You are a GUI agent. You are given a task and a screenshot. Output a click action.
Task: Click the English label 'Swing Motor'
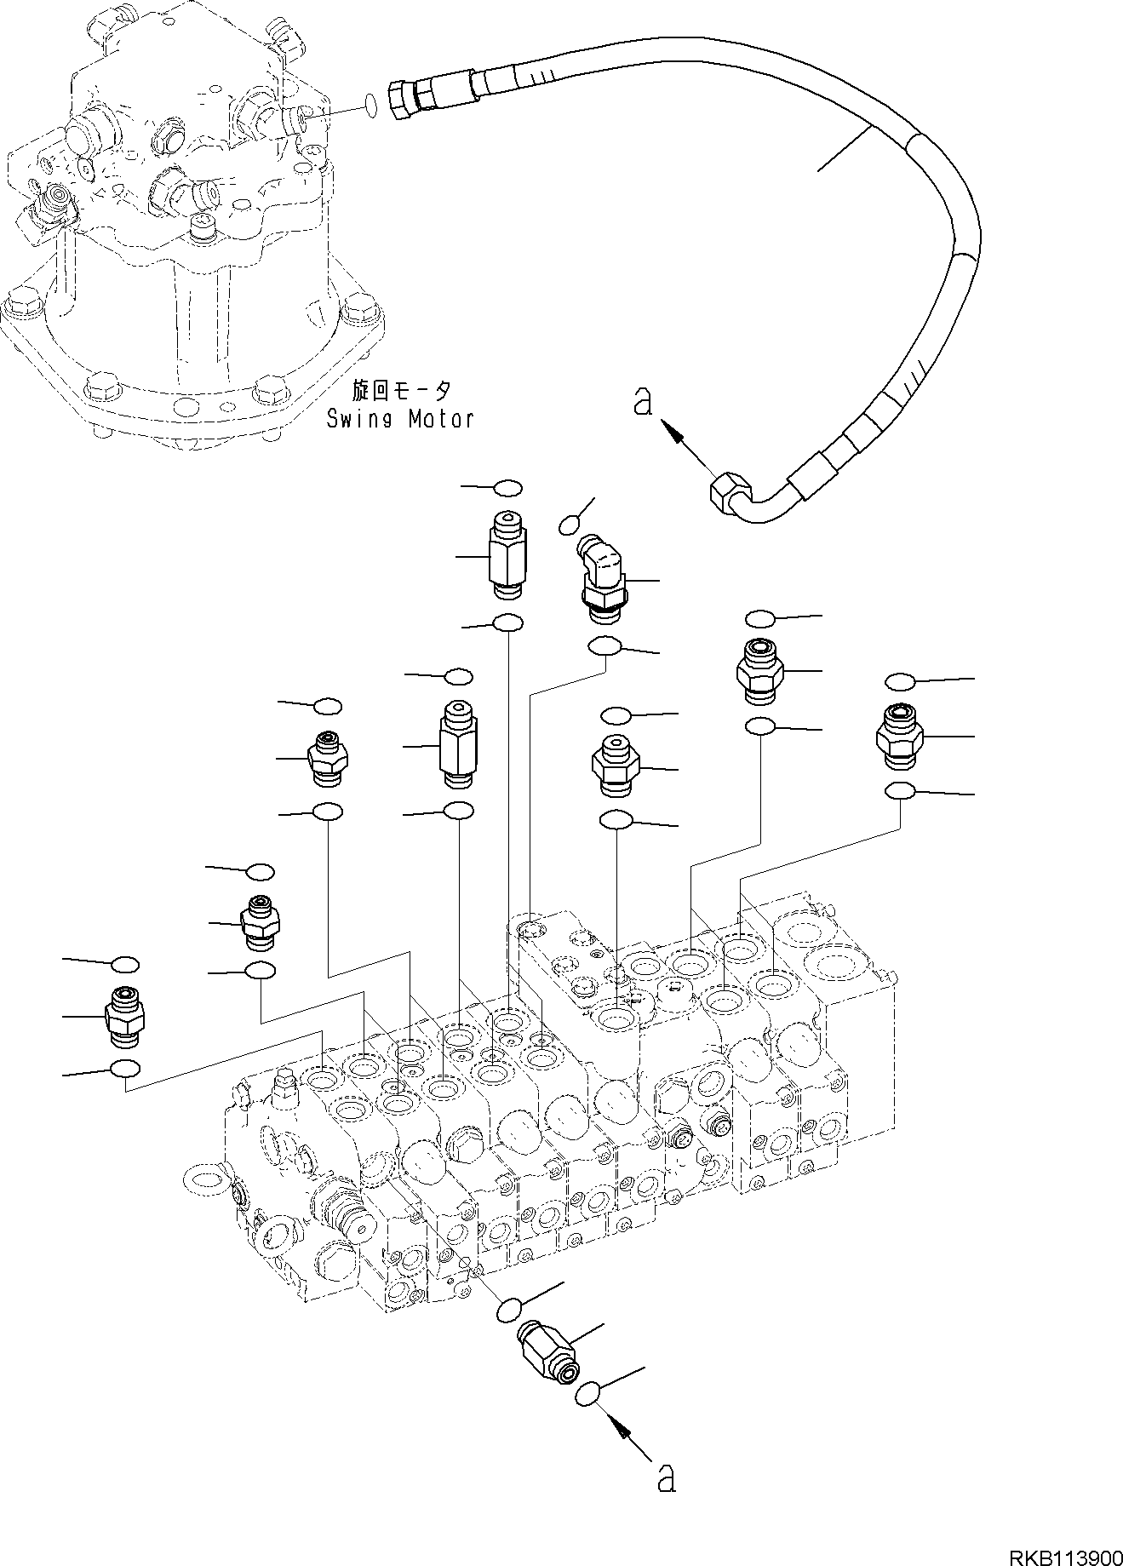400,418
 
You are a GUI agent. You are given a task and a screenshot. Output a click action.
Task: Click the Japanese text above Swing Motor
403,391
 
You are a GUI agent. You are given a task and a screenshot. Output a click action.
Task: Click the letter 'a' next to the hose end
644,401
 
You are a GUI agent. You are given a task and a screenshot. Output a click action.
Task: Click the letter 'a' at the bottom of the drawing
667,1478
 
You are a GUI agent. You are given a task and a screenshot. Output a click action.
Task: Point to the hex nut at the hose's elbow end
728,493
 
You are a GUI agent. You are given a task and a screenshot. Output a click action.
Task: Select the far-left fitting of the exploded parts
124,1016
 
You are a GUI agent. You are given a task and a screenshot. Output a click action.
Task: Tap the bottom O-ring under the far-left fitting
124,1069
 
